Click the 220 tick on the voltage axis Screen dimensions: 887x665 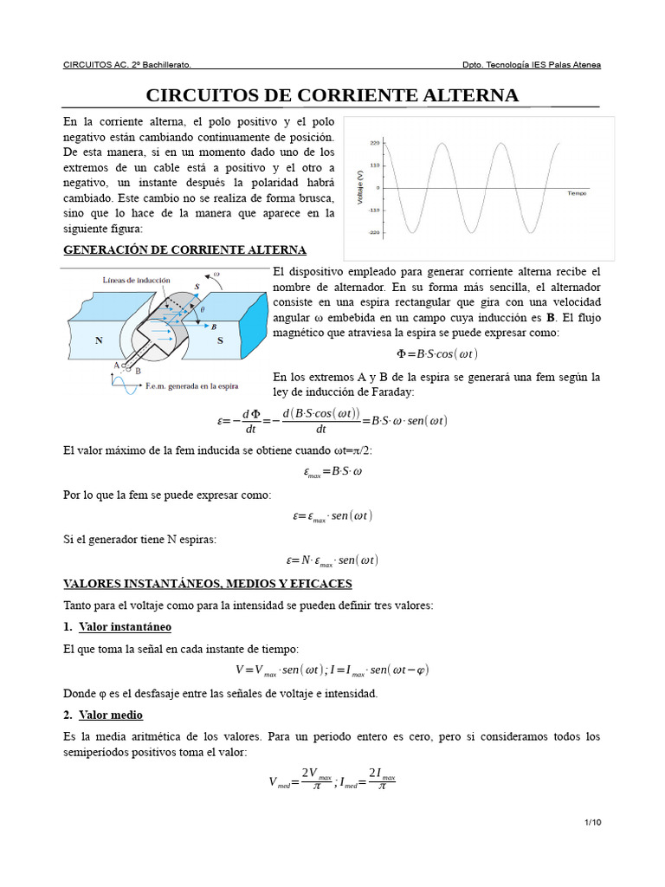tap(374, 142)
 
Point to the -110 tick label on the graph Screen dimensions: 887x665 tap(373, 210)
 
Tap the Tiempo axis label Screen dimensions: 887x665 tap(577, 193)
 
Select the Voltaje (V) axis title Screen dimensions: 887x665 tap(359, 187)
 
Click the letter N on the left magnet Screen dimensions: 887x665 tap(100, 340)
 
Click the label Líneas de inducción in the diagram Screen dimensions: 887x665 tap(137, 281)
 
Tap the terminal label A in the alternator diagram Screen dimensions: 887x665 tap(116, 365)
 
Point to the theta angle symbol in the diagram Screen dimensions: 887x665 tap(203, 309)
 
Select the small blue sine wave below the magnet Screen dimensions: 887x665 tap(125, 385)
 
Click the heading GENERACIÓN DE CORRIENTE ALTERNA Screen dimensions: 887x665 tap(185, 250)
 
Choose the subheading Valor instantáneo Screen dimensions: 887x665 tap(125, 626)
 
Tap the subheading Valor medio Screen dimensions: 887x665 tap(111, 715)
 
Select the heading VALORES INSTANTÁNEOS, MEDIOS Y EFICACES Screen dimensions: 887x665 tap(208, 584)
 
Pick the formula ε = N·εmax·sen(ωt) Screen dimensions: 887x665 tap(332, 560)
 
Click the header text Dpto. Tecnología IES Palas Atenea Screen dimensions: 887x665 tap(532, 65)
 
